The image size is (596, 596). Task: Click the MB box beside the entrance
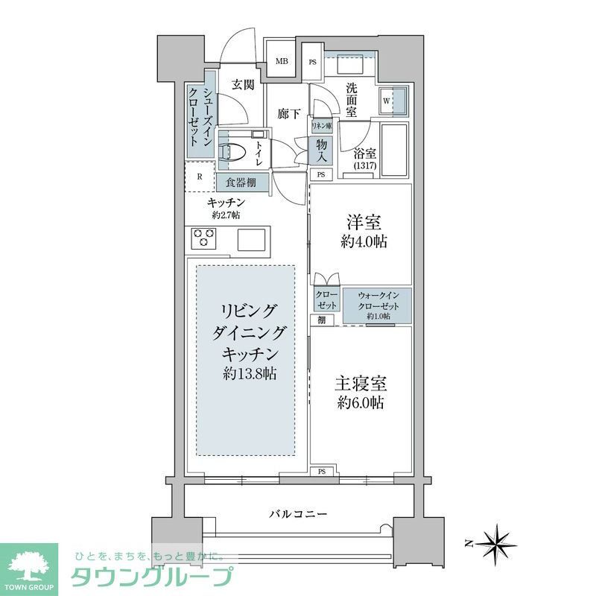click(x=283, y=62)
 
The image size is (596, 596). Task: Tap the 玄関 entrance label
click(x=240, y=84)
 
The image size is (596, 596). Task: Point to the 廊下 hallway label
click(x=289, y=114)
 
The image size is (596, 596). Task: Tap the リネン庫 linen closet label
click(x=321, y=127)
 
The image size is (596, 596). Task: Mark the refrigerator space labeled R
click(x=200, y=177)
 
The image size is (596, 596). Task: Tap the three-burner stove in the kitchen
click(x=203, y=238)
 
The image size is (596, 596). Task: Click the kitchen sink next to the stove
click(x=251, y=239)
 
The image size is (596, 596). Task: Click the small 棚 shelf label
click(x=320, y=320)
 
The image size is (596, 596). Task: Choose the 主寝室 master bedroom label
click(x=360, y=394)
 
